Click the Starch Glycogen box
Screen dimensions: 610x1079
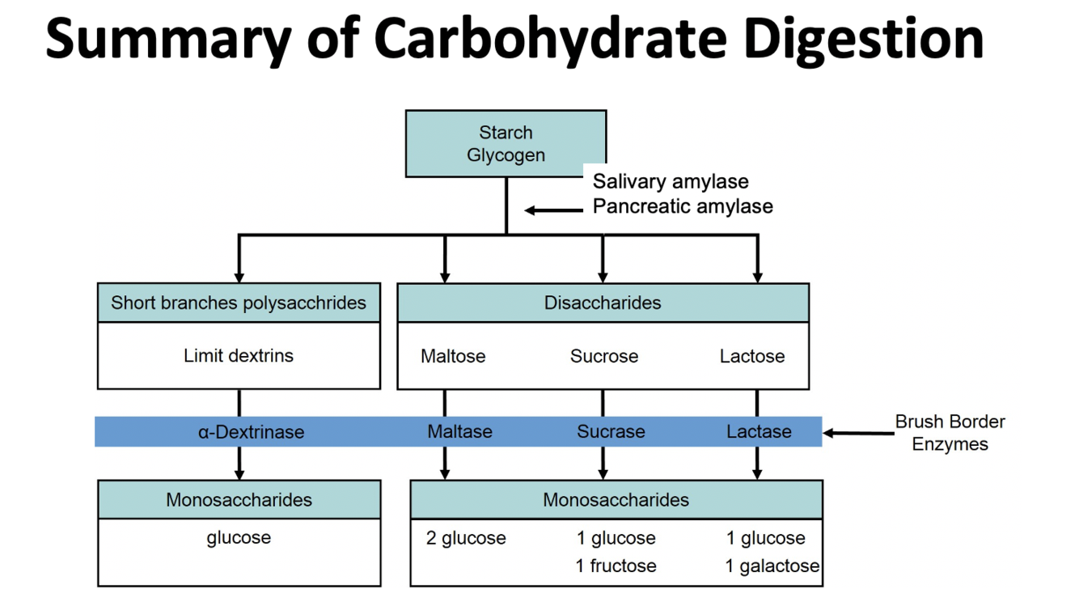(506, 143)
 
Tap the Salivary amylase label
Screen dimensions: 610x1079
(671, 181)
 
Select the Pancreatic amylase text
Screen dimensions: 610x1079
(683, 206)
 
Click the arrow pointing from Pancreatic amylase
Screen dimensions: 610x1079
(553, 210)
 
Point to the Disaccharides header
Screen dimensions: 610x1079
(603, 303)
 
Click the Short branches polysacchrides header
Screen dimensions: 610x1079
(239, 303)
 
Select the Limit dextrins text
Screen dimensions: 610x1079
(239, 355)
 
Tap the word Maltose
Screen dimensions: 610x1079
(453, 356)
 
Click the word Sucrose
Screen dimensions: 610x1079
(604, 356)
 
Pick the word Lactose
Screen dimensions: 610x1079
(752, 356)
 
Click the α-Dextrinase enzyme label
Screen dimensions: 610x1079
(251, 432)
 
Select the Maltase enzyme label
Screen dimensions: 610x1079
(459, 432)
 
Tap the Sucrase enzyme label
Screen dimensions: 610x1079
(611, 432)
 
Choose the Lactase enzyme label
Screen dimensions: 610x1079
(759, 432)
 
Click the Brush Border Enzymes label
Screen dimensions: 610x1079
(950, 433)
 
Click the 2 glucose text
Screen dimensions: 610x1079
(466, 538)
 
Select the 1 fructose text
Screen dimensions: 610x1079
(616, 566)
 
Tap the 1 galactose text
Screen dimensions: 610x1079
(772, 566)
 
